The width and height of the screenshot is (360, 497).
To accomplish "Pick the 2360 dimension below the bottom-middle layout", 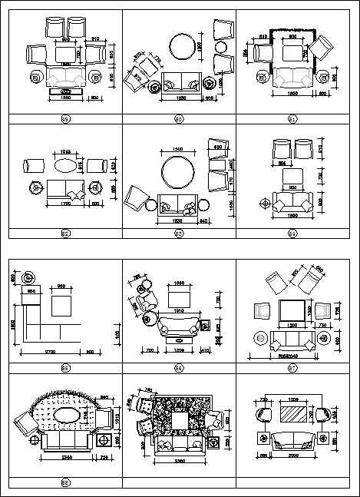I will pos(178,461).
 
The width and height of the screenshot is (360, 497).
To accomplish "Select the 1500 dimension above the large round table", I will pos(177,149).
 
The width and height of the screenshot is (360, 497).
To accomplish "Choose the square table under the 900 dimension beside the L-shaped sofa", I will pos(62,304).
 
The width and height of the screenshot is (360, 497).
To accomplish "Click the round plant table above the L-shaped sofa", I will pos(28,277).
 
